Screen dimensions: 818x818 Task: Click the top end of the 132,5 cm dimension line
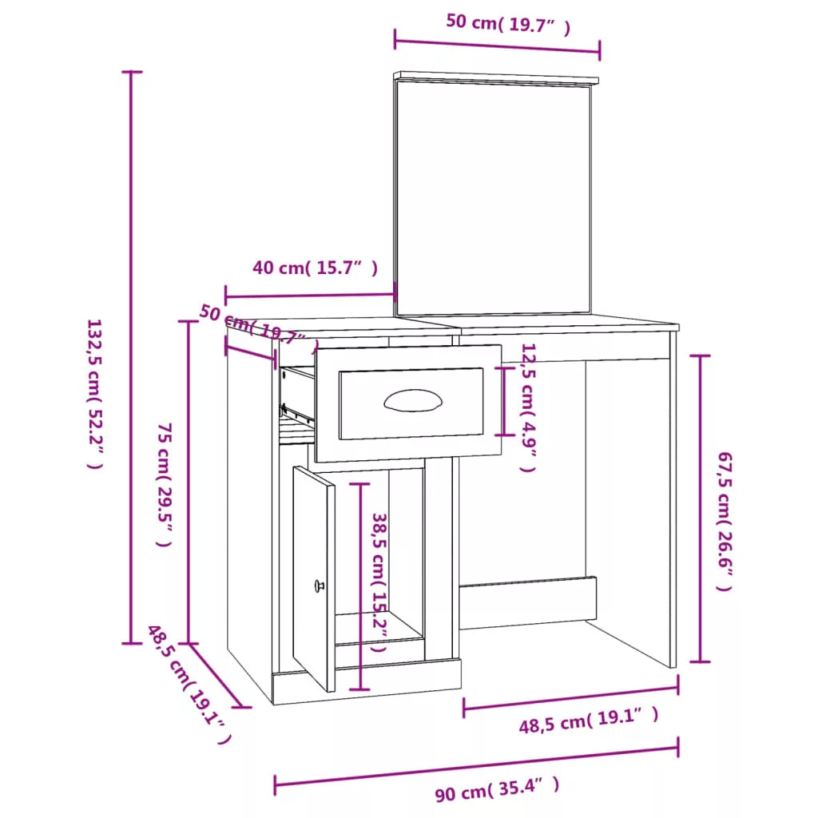pyautogui.click(x=132, y=71)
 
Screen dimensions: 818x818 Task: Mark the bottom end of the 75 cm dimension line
pyautogui.click(x=189, y=643)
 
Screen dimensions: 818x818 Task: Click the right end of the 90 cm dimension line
pyautogui.click(x=677, y=747)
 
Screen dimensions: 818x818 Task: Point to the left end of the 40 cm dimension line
pyautogui.click(x=225, y=297)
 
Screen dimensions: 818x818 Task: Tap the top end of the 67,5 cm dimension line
pyautogui.click(x=700, y=355)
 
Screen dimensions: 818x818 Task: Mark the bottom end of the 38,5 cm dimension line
pyautogui.click(x=360, y=689)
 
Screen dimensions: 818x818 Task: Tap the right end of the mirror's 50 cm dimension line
pyautogui.click(x=599, y=51)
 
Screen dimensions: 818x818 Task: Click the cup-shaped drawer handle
pyautogui.click(x=413, y=400)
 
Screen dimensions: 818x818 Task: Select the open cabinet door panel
pyautogui.click(x=313, y=578)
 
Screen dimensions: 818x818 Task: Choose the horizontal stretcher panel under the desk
pyautogui.click(x=527, y=602)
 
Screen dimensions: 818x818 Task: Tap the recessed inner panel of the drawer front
pyautogui.click(x=411, y=403)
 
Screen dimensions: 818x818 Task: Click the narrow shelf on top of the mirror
pyautogui.click(x=496, y=77)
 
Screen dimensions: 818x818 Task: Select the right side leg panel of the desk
pyautogui.click(x=673, y=499)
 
